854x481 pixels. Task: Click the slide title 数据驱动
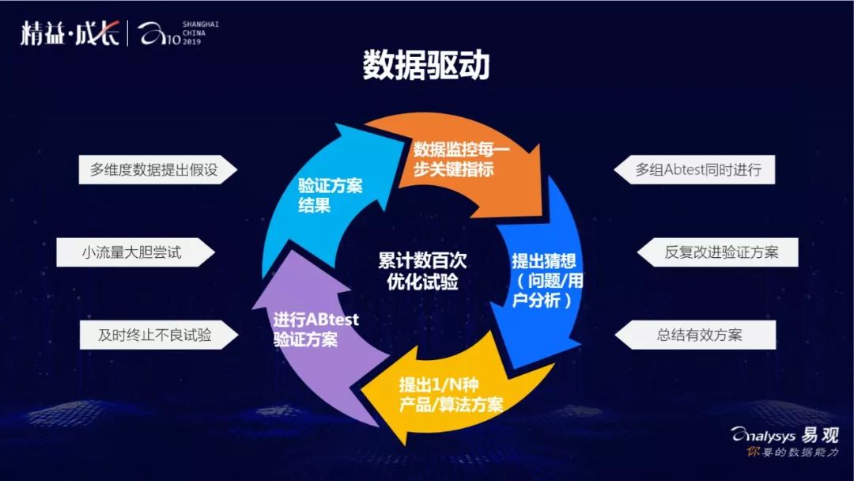coord(426,66)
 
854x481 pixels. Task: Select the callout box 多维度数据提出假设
coord(153,169)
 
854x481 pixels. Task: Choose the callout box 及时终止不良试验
coord(155,335)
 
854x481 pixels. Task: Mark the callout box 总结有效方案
coord(699,335)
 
